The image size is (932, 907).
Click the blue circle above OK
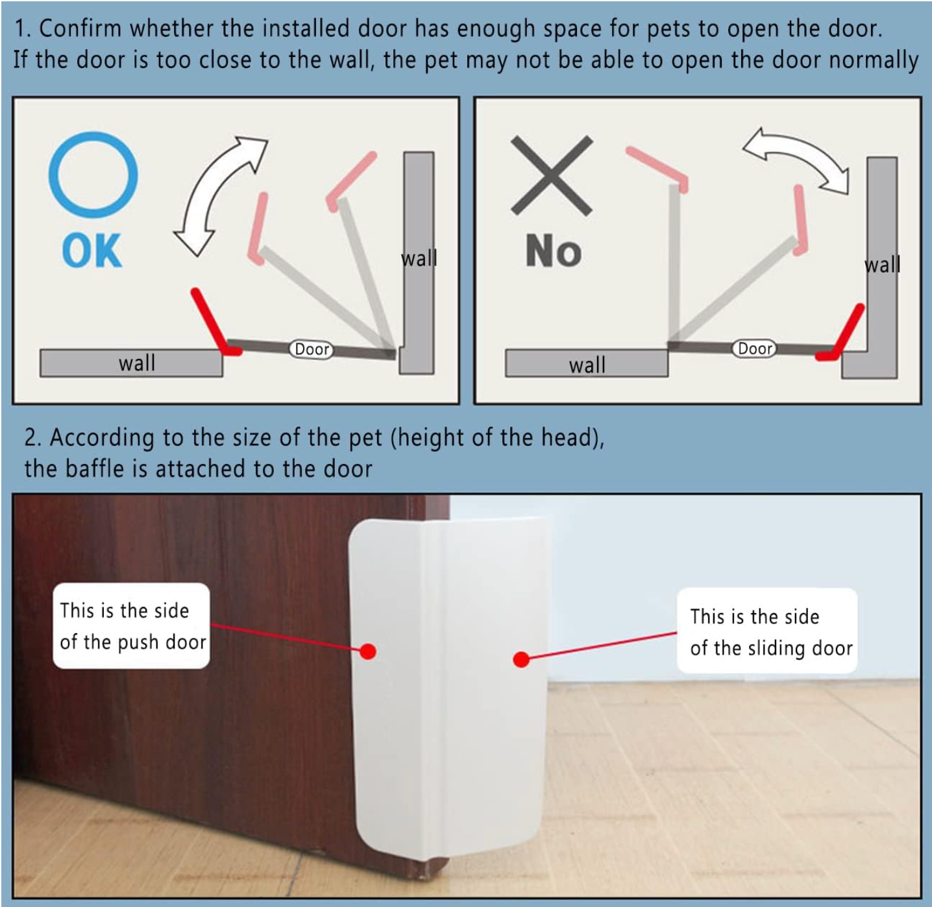(x=93, y=174)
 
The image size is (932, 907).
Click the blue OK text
(x=92, y=252)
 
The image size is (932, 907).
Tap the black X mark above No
(x=551, y=175)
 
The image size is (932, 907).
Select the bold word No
(x=553, y=252)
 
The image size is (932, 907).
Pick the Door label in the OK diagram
(x=312, y=349)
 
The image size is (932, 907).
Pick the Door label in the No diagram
(x=755, y=348)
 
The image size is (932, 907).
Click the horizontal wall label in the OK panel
(x=137, y=363)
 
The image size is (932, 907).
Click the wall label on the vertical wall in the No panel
(x=882, y=265)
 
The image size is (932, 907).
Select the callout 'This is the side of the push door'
(x=132, y=626)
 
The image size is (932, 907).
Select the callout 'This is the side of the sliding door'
(x=767, y=631)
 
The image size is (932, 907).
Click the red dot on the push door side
(x=368, y=651)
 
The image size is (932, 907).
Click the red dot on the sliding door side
(x=521, y=659)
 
